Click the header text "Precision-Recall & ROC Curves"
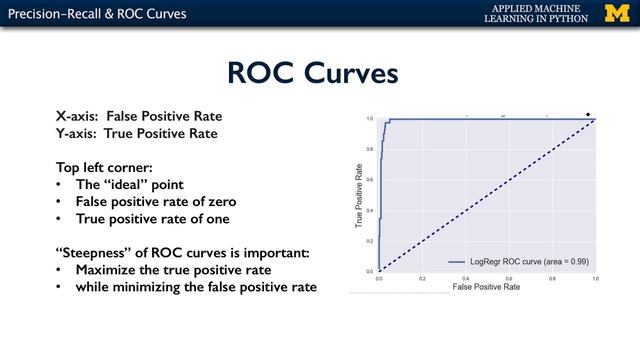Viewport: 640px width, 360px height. (93, 14)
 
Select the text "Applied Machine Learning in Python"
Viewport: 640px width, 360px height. (538, 14)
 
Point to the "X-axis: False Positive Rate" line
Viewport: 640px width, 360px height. (139, 116)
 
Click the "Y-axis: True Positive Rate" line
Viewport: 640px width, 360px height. (137, 133)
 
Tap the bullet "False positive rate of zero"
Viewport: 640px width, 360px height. (170, 201)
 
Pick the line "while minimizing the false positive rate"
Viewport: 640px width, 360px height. (197, 287)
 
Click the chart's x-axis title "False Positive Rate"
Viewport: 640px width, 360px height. (487, 288)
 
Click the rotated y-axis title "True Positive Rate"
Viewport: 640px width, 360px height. (358, 196)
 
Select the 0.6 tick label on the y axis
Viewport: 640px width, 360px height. (370, 180)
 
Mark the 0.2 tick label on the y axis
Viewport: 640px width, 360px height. (370, 241)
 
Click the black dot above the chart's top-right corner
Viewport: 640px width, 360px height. (588, 113)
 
